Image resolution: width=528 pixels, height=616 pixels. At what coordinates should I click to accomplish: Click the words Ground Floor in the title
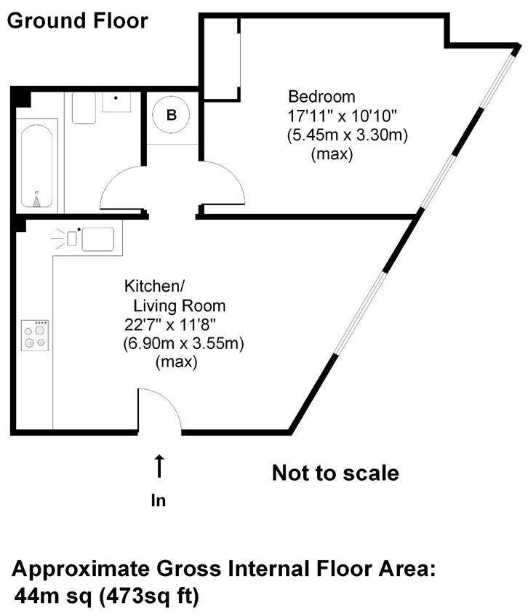tap(77, 20)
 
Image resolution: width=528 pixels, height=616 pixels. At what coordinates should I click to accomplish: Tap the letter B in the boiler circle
tap(172, 115)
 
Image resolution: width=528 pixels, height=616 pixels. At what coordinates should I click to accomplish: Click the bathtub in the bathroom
tap(36, 166)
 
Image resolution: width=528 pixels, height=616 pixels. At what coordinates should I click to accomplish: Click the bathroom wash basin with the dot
tap(116, 102)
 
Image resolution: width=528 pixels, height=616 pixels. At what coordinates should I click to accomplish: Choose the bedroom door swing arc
tap(225, 185)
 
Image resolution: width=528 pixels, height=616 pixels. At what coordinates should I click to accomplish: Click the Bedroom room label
tap(321, 96)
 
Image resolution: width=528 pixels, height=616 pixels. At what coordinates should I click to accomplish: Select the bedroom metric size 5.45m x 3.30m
tap(347, 135)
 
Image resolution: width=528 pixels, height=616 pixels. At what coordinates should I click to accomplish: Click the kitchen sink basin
tap(97, 239)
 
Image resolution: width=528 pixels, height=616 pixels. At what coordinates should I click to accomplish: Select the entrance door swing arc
tap(161, 409)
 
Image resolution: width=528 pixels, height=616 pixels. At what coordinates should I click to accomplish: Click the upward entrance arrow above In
tap(159, 466)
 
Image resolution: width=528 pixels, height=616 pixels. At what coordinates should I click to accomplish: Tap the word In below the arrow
tap(158, 500)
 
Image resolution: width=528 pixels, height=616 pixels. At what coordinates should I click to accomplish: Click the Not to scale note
tap(335, 473)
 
